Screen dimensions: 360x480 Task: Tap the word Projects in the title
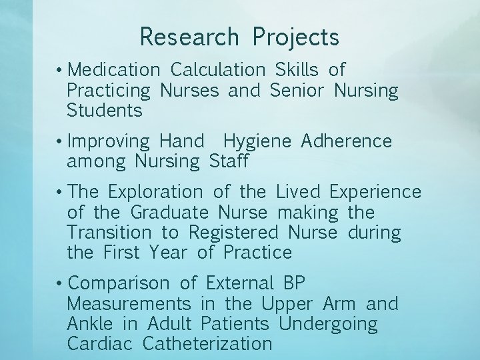coord(295,38)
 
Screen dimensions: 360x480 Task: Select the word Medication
coord(114,69)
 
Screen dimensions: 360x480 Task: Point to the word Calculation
coord(217,69)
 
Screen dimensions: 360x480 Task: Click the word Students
coord(105,110)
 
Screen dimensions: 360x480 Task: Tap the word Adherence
coord(347,141)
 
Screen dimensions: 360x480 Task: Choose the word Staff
coord(229,161)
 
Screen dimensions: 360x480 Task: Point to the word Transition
coord(109,233)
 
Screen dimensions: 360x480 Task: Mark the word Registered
coord(233,233)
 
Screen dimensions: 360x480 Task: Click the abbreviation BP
coord(293,283)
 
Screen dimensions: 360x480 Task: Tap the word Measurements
coord(129,304)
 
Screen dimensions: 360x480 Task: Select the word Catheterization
coord(207,344)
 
